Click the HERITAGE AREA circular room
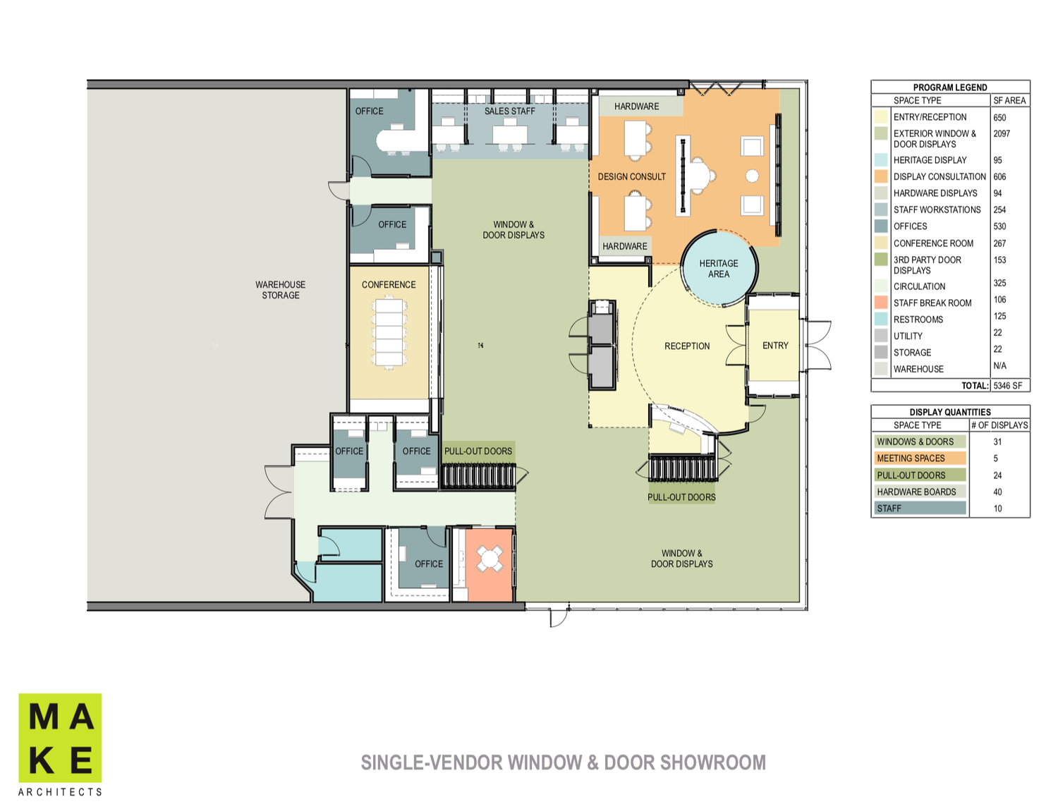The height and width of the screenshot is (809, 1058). click(719, 268)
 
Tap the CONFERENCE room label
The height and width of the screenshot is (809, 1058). click(389, 285)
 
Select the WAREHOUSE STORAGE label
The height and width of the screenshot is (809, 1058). click(281, 290)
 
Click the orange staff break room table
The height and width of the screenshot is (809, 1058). click(490, 559)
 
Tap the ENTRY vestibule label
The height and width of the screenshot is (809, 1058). click(775, 346)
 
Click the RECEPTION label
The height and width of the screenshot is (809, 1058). click(687, 346)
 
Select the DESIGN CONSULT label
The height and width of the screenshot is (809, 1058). click(631, 177)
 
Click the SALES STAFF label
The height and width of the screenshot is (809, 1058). click(509, 111)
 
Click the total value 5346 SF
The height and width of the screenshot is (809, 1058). click(1007, 386)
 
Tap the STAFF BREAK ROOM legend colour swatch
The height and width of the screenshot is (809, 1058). click(881, 303)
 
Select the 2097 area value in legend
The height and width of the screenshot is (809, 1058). click(1002, 133)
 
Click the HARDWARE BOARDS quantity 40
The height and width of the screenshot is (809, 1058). click(997, 492)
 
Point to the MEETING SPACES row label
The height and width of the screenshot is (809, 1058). click(911, 458)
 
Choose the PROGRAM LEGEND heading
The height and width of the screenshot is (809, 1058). click(949, 87)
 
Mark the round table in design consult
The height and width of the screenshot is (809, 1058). click(752, 176)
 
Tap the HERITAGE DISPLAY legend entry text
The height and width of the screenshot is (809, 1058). click(930, 160)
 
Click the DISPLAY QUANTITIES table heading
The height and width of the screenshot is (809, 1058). click(949, 412)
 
